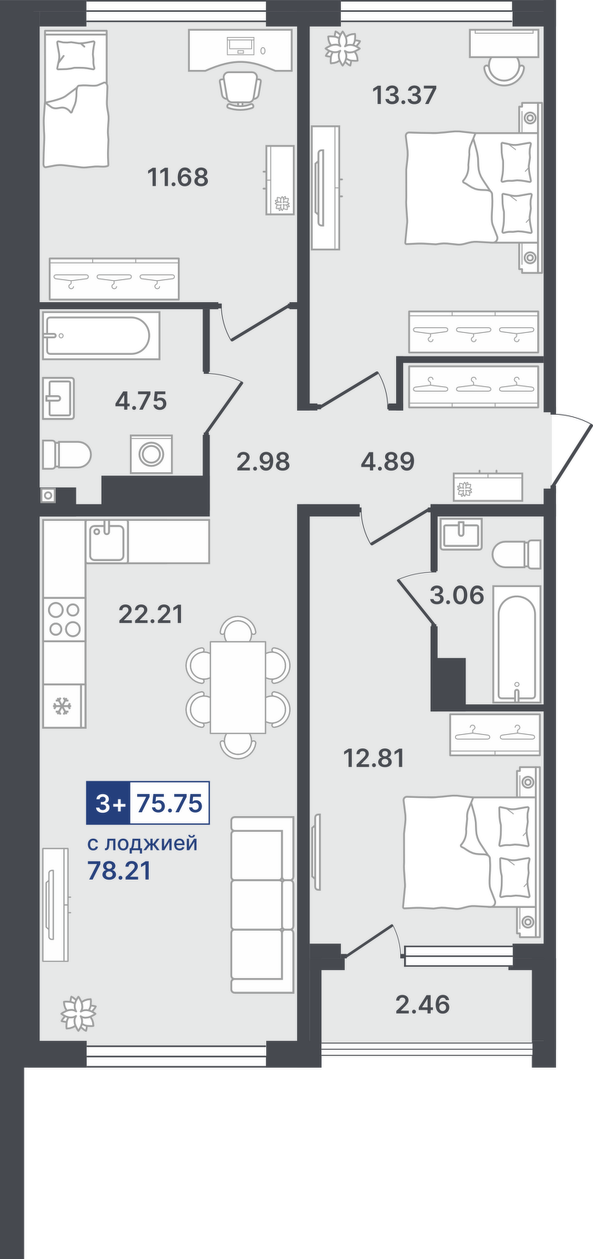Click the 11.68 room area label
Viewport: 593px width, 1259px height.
click(178, 177)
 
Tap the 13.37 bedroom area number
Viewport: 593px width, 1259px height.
click(405, 95)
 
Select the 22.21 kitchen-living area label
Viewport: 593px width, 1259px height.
click(151, 615)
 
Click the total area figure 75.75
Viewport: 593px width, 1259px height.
click(170, 803)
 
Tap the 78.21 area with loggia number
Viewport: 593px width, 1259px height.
click(119, 870)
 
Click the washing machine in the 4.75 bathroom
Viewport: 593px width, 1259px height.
click(151, 453)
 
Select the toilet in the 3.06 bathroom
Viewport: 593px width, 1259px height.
click(517, 555)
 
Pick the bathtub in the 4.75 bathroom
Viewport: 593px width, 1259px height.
click(101, 336)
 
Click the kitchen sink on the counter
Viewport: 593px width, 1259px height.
click(107, 541)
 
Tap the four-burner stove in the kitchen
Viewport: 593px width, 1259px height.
click(64, 619)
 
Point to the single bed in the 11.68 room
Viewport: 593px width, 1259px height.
click(76, 99)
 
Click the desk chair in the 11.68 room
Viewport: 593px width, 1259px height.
click(239, 90)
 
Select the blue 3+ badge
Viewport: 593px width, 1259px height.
click(108, 803)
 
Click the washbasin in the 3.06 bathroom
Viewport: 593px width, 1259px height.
click(462, 534)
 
